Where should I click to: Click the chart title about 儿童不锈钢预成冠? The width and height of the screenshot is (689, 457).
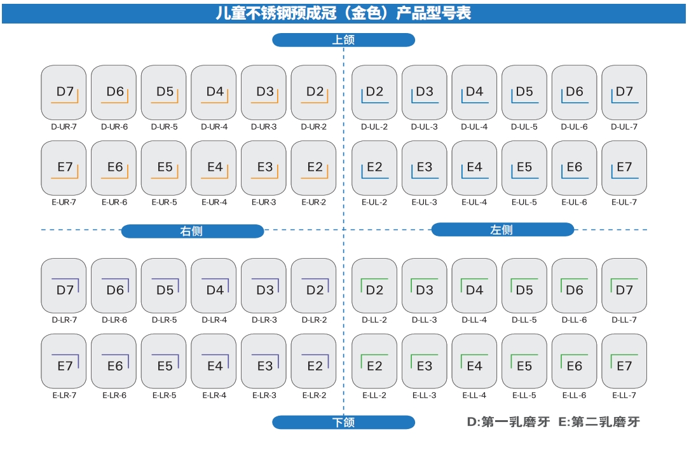pyautogui.click(x=343, y=13)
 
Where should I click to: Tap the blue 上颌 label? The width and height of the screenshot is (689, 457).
pyautogui.click(x=343, y=40)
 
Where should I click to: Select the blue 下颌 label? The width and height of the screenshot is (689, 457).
pyautogui.click(x=343, y=422)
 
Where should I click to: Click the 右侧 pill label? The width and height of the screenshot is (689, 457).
pyautogui.click(x=192, y=231)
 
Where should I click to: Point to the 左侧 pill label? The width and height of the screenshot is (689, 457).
pyautogui.click(x=502, y=229)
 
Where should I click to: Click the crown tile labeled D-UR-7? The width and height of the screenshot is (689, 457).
pyautogui.click(x=64, y=92)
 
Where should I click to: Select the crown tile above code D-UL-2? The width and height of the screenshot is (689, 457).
pyautogui.click(x=374, y=92)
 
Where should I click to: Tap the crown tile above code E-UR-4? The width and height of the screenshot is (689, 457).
pyautogui.click(x=214, y=168)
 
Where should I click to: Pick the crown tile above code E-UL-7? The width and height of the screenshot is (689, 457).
pyautogui.click(x=624, y=168)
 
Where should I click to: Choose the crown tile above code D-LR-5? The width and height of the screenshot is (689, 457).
pyautogui.click(x=163, y=286)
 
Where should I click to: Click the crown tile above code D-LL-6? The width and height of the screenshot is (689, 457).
pyautogui.click(x=574, y=286)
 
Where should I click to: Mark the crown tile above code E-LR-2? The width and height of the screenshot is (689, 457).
pyautogui.click(x=313, y=362)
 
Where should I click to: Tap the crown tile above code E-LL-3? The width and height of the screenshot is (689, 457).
pyautogui.click(x=424, y=362)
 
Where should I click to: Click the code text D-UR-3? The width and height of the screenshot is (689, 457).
pyautogui.click(x=264, y=126)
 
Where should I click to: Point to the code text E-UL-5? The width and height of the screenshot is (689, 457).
pyautogui.click(x=524, y=202)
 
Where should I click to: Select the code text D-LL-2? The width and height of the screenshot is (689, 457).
pyautogui.click(x=374, y=320)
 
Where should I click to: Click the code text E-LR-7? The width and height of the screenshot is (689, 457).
pyautogui.click(x=64, y=395)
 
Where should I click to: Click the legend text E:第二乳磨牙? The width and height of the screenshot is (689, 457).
pyautogui.click(x=599, y=421)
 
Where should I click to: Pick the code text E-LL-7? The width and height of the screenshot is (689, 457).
pyautogui.click(x=624, y=395)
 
